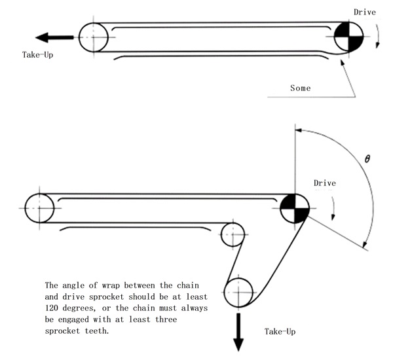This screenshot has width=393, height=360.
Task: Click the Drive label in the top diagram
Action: pos(365,12)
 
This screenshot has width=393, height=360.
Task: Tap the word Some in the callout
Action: pos(300,87)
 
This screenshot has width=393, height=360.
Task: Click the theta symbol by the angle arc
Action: pos(367,159)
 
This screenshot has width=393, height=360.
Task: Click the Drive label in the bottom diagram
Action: pos(325,183)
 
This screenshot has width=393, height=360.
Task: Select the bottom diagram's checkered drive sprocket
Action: pos(295,209)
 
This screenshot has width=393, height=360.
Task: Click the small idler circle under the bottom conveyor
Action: pos(233,234)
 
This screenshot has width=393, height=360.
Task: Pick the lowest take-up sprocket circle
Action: pos(238,292)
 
